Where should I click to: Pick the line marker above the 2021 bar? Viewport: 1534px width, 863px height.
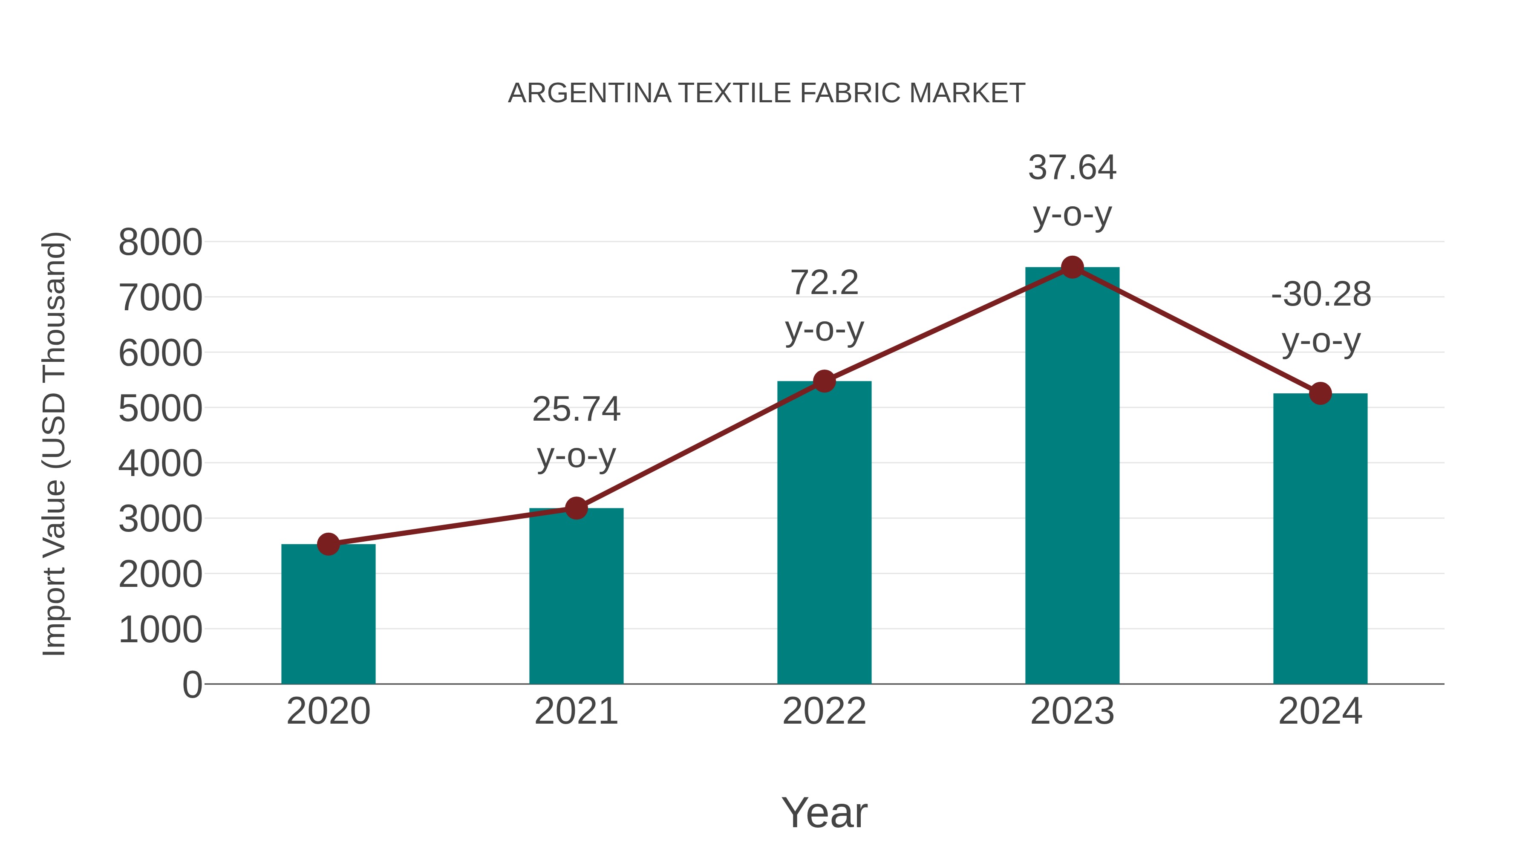tap(577, 508)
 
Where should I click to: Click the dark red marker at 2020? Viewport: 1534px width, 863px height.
tap(328, 544)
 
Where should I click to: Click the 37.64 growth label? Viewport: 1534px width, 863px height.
tap(1072, 167)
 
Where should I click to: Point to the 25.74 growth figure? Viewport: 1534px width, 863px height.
tap(577, 409)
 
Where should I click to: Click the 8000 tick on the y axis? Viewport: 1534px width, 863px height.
tap(160, 242)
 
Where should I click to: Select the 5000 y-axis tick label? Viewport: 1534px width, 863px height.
tap(160, 409)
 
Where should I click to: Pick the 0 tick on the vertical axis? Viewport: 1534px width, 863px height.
tap(192, 685)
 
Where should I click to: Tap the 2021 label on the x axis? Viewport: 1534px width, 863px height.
tap(577, 711)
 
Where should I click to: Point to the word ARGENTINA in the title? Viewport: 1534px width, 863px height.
tap(590, 93)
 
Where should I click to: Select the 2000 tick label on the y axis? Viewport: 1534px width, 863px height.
tap(160, 575)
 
